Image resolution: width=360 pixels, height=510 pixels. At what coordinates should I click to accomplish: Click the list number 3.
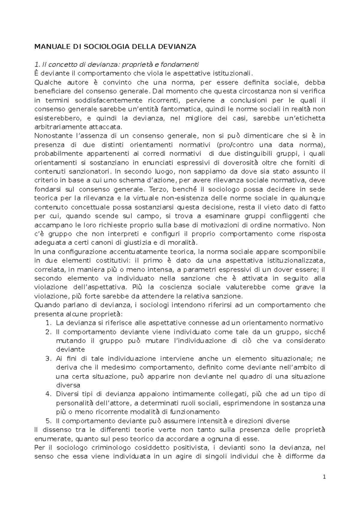click(x=49, y=359)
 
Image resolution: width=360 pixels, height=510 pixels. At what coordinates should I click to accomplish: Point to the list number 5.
click(x=49, y=421)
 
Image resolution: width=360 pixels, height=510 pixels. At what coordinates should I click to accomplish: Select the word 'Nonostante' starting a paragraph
click(x=50, y=136)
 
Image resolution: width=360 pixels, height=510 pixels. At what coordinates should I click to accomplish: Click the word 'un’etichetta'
click(x=306, y=118)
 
